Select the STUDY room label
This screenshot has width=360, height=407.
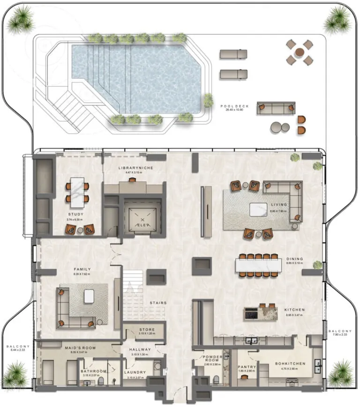pyautogui.click(x=75, y=214)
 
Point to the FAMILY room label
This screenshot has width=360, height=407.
pyautogui.click(x=82, y=269)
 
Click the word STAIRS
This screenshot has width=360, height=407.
pyautogui.click(x=158, y=303)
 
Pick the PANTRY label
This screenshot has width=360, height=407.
pyautogui.click(x=246, y=368)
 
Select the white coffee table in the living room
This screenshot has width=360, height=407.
pyautogui.click(x=258, y=209)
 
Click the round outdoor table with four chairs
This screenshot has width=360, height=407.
pyautogui.click(x=299, y=52)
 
